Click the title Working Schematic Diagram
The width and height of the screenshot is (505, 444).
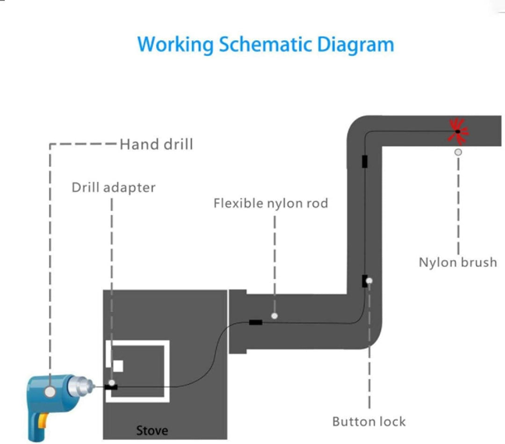265,44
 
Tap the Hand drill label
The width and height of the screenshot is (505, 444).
156,144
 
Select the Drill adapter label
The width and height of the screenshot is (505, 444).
113,188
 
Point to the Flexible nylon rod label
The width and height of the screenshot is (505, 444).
271,204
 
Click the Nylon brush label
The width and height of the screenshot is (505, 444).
457,262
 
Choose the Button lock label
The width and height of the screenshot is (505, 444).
369,421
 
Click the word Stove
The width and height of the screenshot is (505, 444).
152,430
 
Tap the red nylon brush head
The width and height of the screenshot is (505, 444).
458,131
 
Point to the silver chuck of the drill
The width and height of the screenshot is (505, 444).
80,386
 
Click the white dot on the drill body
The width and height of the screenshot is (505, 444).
49,392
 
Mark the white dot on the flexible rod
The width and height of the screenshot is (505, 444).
274,316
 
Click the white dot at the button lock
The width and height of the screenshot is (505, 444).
369,281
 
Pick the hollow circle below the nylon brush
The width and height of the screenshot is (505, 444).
458,152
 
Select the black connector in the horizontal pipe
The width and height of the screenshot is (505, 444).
255,322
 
